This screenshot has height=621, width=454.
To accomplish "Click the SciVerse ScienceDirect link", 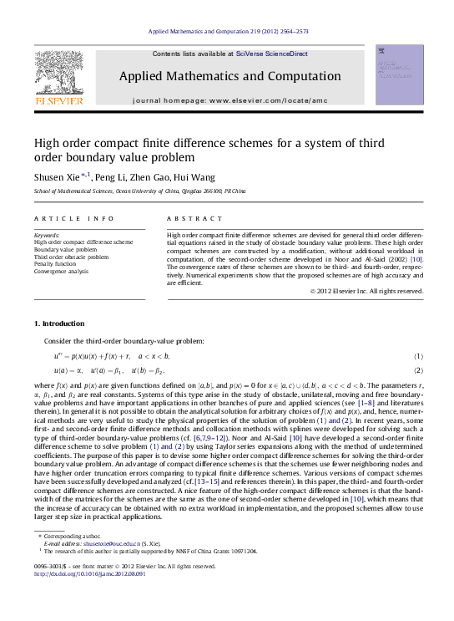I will [x=271, y=53].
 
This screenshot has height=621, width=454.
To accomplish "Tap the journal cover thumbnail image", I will [x=395, y=78].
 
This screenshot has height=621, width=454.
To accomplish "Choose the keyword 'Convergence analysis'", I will [x=61, y=271].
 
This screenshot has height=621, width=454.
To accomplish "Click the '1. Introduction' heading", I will [x=59, y=323].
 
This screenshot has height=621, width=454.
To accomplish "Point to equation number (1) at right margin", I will [x=418, y=356].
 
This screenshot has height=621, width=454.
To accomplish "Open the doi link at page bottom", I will [x=88, y=597].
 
